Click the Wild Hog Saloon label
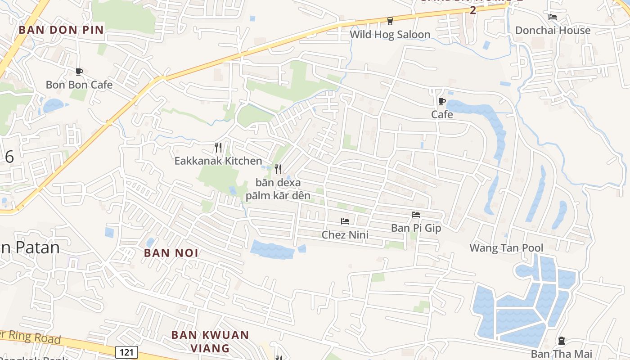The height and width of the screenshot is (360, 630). [390, 34]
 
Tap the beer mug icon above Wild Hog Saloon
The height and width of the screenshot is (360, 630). [390, 21]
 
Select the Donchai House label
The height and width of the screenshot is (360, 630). [553, 30]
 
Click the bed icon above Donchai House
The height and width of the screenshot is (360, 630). [553, 17]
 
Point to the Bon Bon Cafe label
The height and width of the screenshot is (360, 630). [79, 85]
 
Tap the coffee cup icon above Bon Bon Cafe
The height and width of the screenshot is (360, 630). [79, 72]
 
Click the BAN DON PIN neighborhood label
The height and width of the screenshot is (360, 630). [61, 30]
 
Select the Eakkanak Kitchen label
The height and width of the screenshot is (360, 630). [218, 161]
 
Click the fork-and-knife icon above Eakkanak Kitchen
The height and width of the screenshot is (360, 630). [218, 147]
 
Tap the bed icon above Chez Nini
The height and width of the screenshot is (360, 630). [345, 221]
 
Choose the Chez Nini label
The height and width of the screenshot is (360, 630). [345, 234]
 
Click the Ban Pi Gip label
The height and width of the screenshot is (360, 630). [416, 228]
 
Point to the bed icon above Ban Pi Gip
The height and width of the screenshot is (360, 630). [416, 215]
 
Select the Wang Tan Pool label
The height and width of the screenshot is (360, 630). [506, 247]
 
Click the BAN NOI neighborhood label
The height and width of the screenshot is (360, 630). [171, 253]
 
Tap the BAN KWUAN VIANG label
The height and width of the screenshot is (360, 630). [210, 342]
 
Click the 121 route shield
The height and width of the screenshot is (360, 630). [126, 352]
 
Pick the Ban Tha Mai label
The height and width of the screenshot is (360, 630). [562, 354]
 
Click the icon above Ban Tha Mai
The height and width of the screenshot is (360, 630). [562, 341]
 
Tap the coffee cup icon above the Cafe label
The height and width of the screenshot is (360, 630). [442, 101]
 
